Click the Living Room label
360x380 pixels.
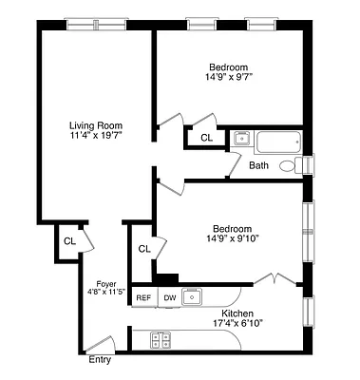point(95,124)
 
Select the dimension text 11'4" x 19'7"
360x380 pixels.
point(95,135)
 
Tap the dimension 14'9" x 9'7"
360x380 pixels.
point(229,79)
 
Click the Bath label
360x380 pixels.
point(258,165)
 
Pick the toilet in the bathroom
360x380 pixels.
point(303,165)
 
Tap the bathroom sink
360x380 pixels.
point(241,139)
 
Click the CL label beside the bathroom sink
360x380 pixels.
point(206,139)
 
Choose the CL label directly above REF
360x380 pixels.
point(144,249)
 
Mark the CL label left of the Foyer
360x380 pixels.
point(69,241)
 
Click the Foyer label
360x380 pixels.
point(106,283)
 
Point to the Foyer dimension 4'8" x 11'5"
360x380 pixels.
point(106,292)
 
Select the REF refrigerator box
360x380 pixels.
point(143,297)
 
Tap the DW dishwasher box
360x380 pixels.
point(170,297)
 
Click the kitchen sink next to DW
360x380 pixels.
point(193,296)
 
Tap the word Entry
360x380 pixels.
point(99,360)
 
